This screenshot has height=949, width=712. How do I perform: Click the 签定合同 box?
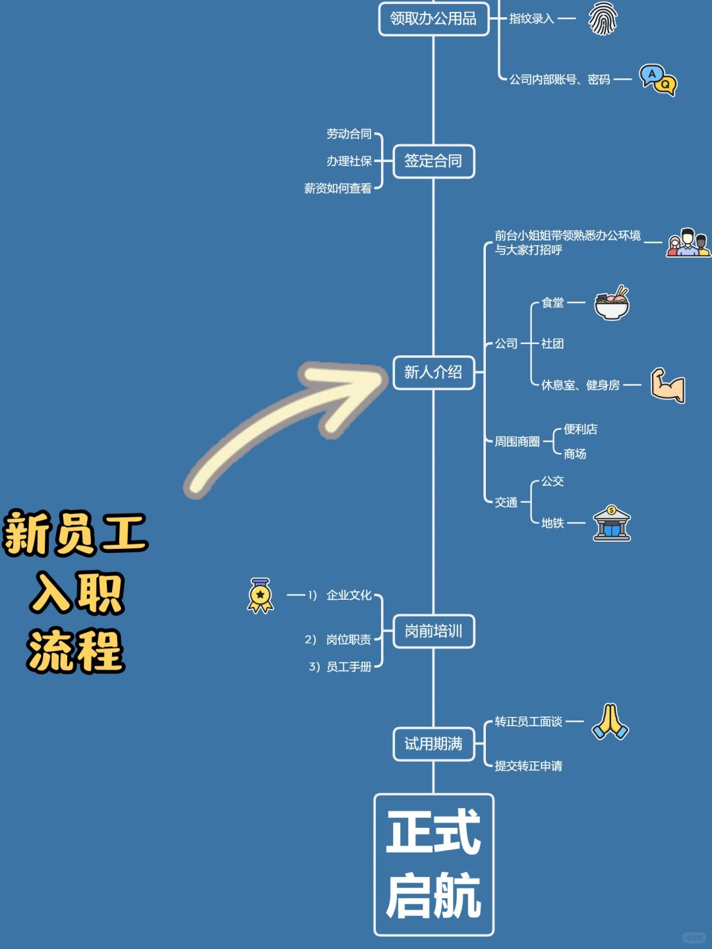(434, 161)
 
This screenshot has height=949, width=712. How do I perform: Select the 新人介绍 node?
(434, 372)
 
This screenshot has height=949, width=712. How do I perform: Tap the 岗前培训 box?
(434, 631)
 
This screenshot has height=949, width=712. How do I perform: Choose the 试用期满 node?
(434, 744)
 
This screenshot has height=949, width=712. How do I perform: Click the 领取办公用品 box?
(433, 18)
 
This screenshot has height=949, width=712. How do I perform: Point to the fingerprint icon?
(602, 18)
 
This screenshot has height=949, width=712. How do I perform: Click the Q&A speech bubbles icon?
(658, 80)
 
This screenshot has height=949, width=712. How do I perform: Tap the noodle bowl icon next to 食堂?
(612, 303)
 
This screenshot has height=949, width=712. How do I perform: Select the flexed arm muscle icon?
(668, 385)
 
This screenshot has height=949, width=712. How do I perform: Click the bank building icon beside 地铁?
(612, 523)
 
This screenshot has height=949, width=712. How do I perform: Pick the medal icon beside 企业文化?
(260, 595)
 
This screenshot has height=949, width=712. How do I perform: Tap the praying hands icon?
(610, 722)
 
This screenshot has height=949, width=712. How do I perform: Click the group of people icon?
(688, 243)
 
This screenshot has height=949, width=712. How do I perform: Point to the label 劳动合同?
(349, 134)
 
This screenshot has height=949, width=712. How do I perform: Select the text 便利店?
(580, 429)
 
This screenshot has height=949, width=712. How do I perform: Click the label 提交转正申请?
(529, 766)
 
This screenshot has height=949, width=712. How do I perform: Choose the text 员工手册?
(349, 667)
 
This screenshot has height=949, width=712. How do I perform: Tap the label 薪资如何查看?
(338, 188)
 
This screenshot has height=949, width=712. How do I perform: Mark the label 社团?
(552, 343)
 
